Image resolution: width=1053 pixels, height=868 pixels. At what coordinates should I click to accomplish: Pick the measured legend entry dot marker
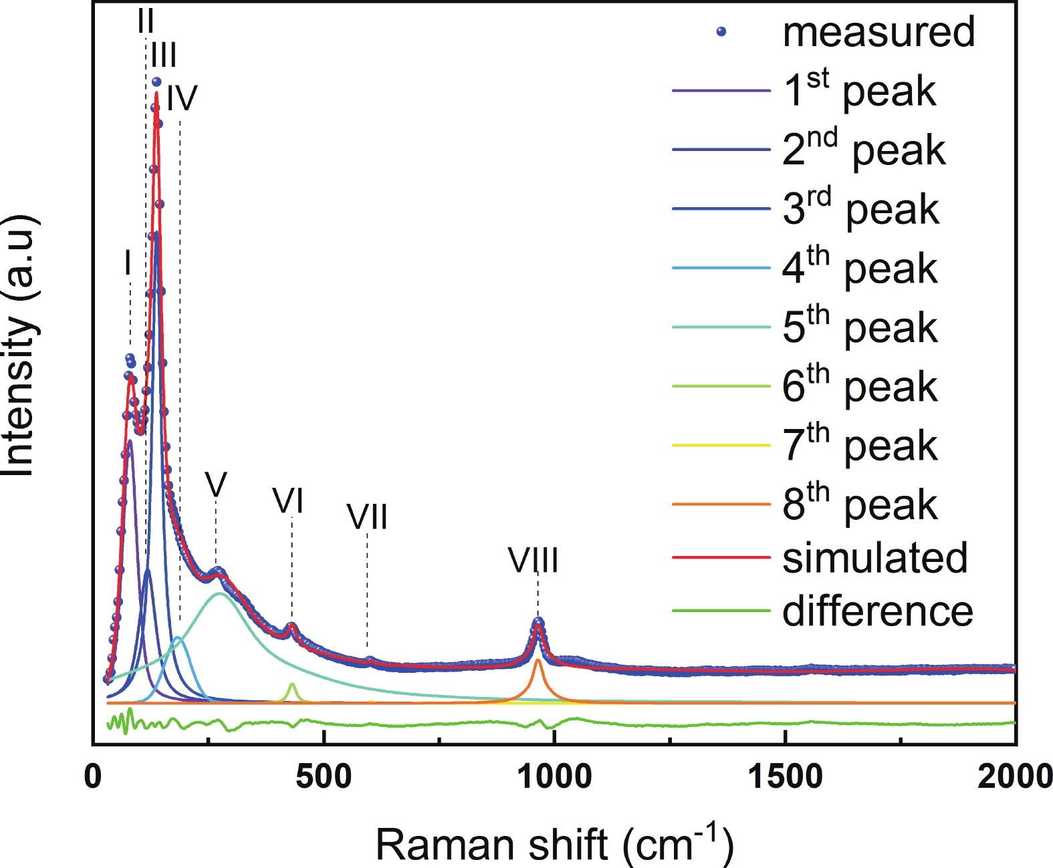pyautogui.click(x=721, y=31)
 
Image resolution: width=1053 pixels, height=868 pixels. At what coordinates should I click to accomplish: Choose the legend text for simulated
pyautogui.click(x=875, y=558)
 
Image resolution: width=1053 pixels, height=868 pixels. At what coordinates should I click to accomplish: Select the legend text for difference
pyautogui.click(x=878, y=611)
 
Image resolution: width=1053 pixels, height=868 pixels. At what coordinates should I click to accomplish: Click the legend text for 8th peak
pyautogui.click(x=860, y=504)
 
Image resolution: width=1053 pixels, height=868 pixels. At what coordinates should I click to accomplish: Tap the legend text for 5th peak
pyautogui.click(x=860, y=327)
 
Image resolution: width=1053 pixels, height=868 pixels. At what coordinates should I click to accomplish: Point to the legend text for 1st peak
pyautogui.click(x=859, y=91)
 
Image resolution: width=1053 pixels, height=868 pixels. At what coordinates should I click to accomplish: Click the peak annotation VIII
pyautogui.click(x=533, y=560)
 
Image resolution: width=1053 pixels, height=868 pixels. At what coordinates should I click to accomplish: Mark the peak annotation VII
pyautogui.click(x=367, y=517)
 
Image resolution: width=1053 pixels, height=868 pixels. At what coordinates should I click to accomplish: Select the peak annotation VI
pyautogui.click(x=288, y=500)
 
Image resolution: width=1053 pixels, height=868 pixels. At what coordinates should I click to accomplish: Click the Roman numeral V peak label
pyautogui.click(x=216, y=484)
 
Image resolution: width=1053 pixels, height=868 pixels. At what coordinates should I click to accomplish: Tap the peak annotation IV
pyautogui.click(x=182, y=98)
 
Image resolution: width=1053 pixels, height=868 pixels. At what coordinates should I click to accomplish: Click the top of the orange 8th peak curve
pyautogui.click(x=538, y=660)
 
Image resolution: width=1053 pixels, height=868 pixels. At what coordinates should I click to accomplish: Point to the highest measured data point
pyautogui.click(x=156, y=82)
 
